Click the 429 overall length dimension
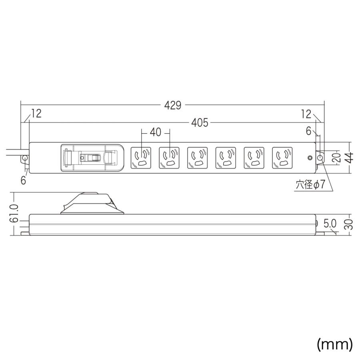(x=173, y=105)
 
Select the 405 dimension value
(x=200, y=123)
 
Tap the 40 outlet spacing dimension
(x=156, y=132)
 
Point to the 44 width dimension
(x=350, y=158)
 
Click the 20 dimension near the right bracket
(x=338, y=158)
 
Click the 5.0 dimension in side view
(x=330, y=224)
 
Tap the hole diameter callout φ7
(x=310, y=184)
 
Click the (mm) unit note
(x=334, y=344)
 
